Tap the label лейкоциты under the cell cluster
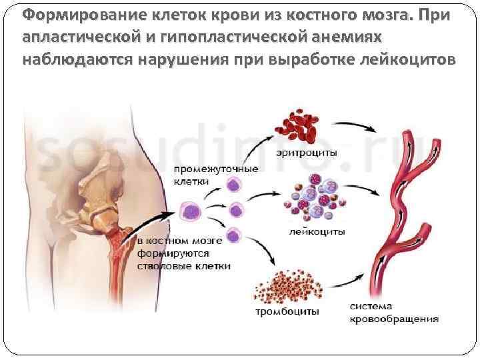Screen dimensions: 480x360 coord(317,233)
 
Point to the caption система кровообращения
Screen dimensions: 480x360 coord(394,313)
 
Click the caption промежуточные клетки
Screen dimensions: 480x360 coord(215,174)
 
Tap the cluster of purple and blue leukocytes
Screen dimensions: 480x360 coord(315,196)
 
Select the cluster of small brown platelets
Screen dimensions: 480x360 coord(284,288)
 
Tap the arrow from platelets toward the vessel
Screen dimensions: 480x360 coord(347,283)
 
